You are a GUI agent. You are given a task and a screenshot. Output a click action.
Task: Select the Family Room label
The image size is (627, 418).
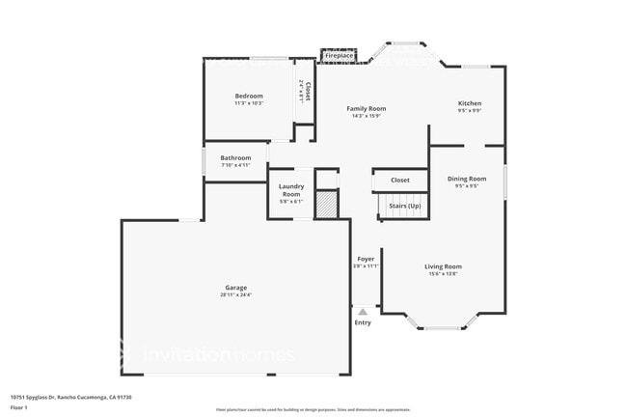(x=367, y=109)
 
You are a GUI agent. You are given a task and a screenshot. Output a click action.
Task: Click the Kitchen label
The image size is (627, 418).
(x=469, y=103)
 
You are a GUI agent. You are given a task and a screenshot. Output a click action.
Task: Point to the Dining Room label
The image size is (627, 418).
(x=466, y=179)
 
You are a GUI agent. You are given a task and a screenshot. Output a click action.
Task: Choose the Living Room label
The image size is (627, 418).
(x=444, y=266)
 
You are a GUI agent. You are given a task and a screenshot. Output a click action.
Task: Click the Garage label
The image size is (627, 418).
(x=236, y=288)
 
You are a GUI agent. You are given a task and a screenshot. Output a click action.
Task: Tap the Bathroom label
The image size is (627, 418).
(x=235, y=157)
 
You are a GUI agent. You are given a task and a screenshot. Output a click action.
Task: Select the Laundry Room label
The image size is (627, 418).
(x=291, y=190)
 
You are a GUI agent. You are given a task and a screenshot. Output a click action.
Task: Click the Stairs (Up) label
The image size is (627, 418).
(x=404, y=207)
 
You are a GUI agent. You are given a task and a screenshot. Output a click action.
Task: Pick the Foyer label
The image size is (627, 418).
(x=366, y=259)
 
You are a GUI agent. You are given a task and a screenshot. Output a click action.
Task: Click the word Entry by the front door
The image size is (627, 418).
(x=362, y=322)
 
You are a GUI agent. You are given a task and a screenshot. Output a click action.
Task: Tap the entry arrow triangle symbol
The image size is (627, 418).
(x=362, y=311)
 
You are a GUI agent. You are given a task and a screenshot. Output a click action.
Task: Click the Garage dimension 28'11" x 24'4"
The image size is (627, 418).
(x=236, y=294)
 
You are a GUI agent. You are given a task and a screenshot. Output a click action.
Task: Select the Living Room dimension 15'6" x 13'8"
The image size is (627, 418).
(x=444, y=274)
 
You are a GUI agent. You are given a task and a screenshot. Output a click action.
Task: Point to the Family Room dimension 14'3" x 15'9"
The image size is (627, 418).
(x=367, y=117)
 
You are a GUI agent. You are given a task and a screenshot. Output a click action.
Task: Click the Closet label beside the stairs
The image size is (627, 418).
(x=399, y=181)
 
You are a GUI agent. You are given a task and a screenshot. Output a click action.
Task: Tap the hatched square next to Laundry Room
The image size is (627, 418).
(x=328, y=204)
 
